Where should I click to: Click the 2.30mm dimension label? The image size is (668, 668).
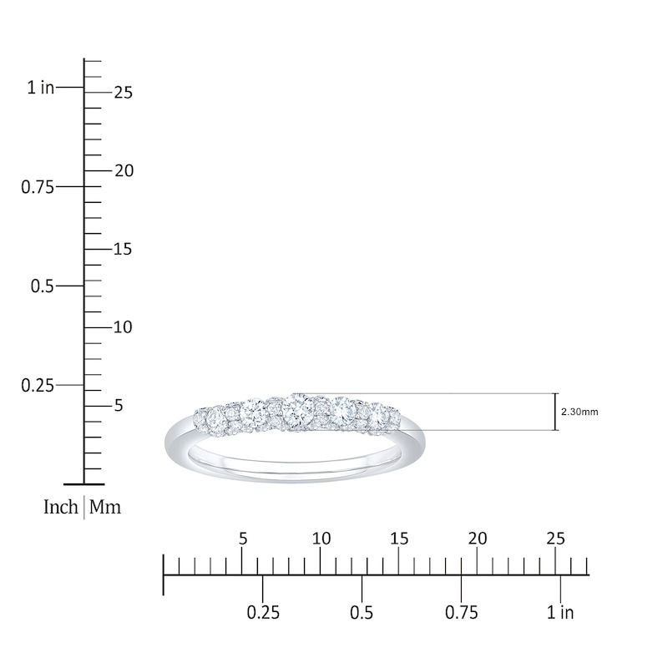(x=579, y=412)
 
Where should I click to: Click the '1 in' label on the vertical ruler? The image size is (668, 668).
(x=41, y=88)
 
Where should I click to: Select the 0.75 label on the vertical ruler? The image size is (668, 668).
(x=38, y=187)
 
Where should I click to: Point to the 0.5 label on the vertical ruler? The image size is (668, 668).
(x=43, y=286)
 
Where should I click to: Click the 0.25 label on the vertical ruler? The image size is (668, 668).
(x=38, y=386)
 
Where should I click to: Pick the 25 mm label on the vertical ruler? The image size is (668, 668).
(x=124, y=93)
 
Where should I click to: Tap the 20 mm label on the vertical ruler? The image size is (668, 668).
(x=124, y=171)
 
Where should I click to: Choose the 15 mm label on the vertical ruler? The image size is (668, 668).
(x=123, y=249)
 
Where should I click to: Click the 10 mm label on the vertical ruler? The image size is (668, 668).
(x=123, y=327)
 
